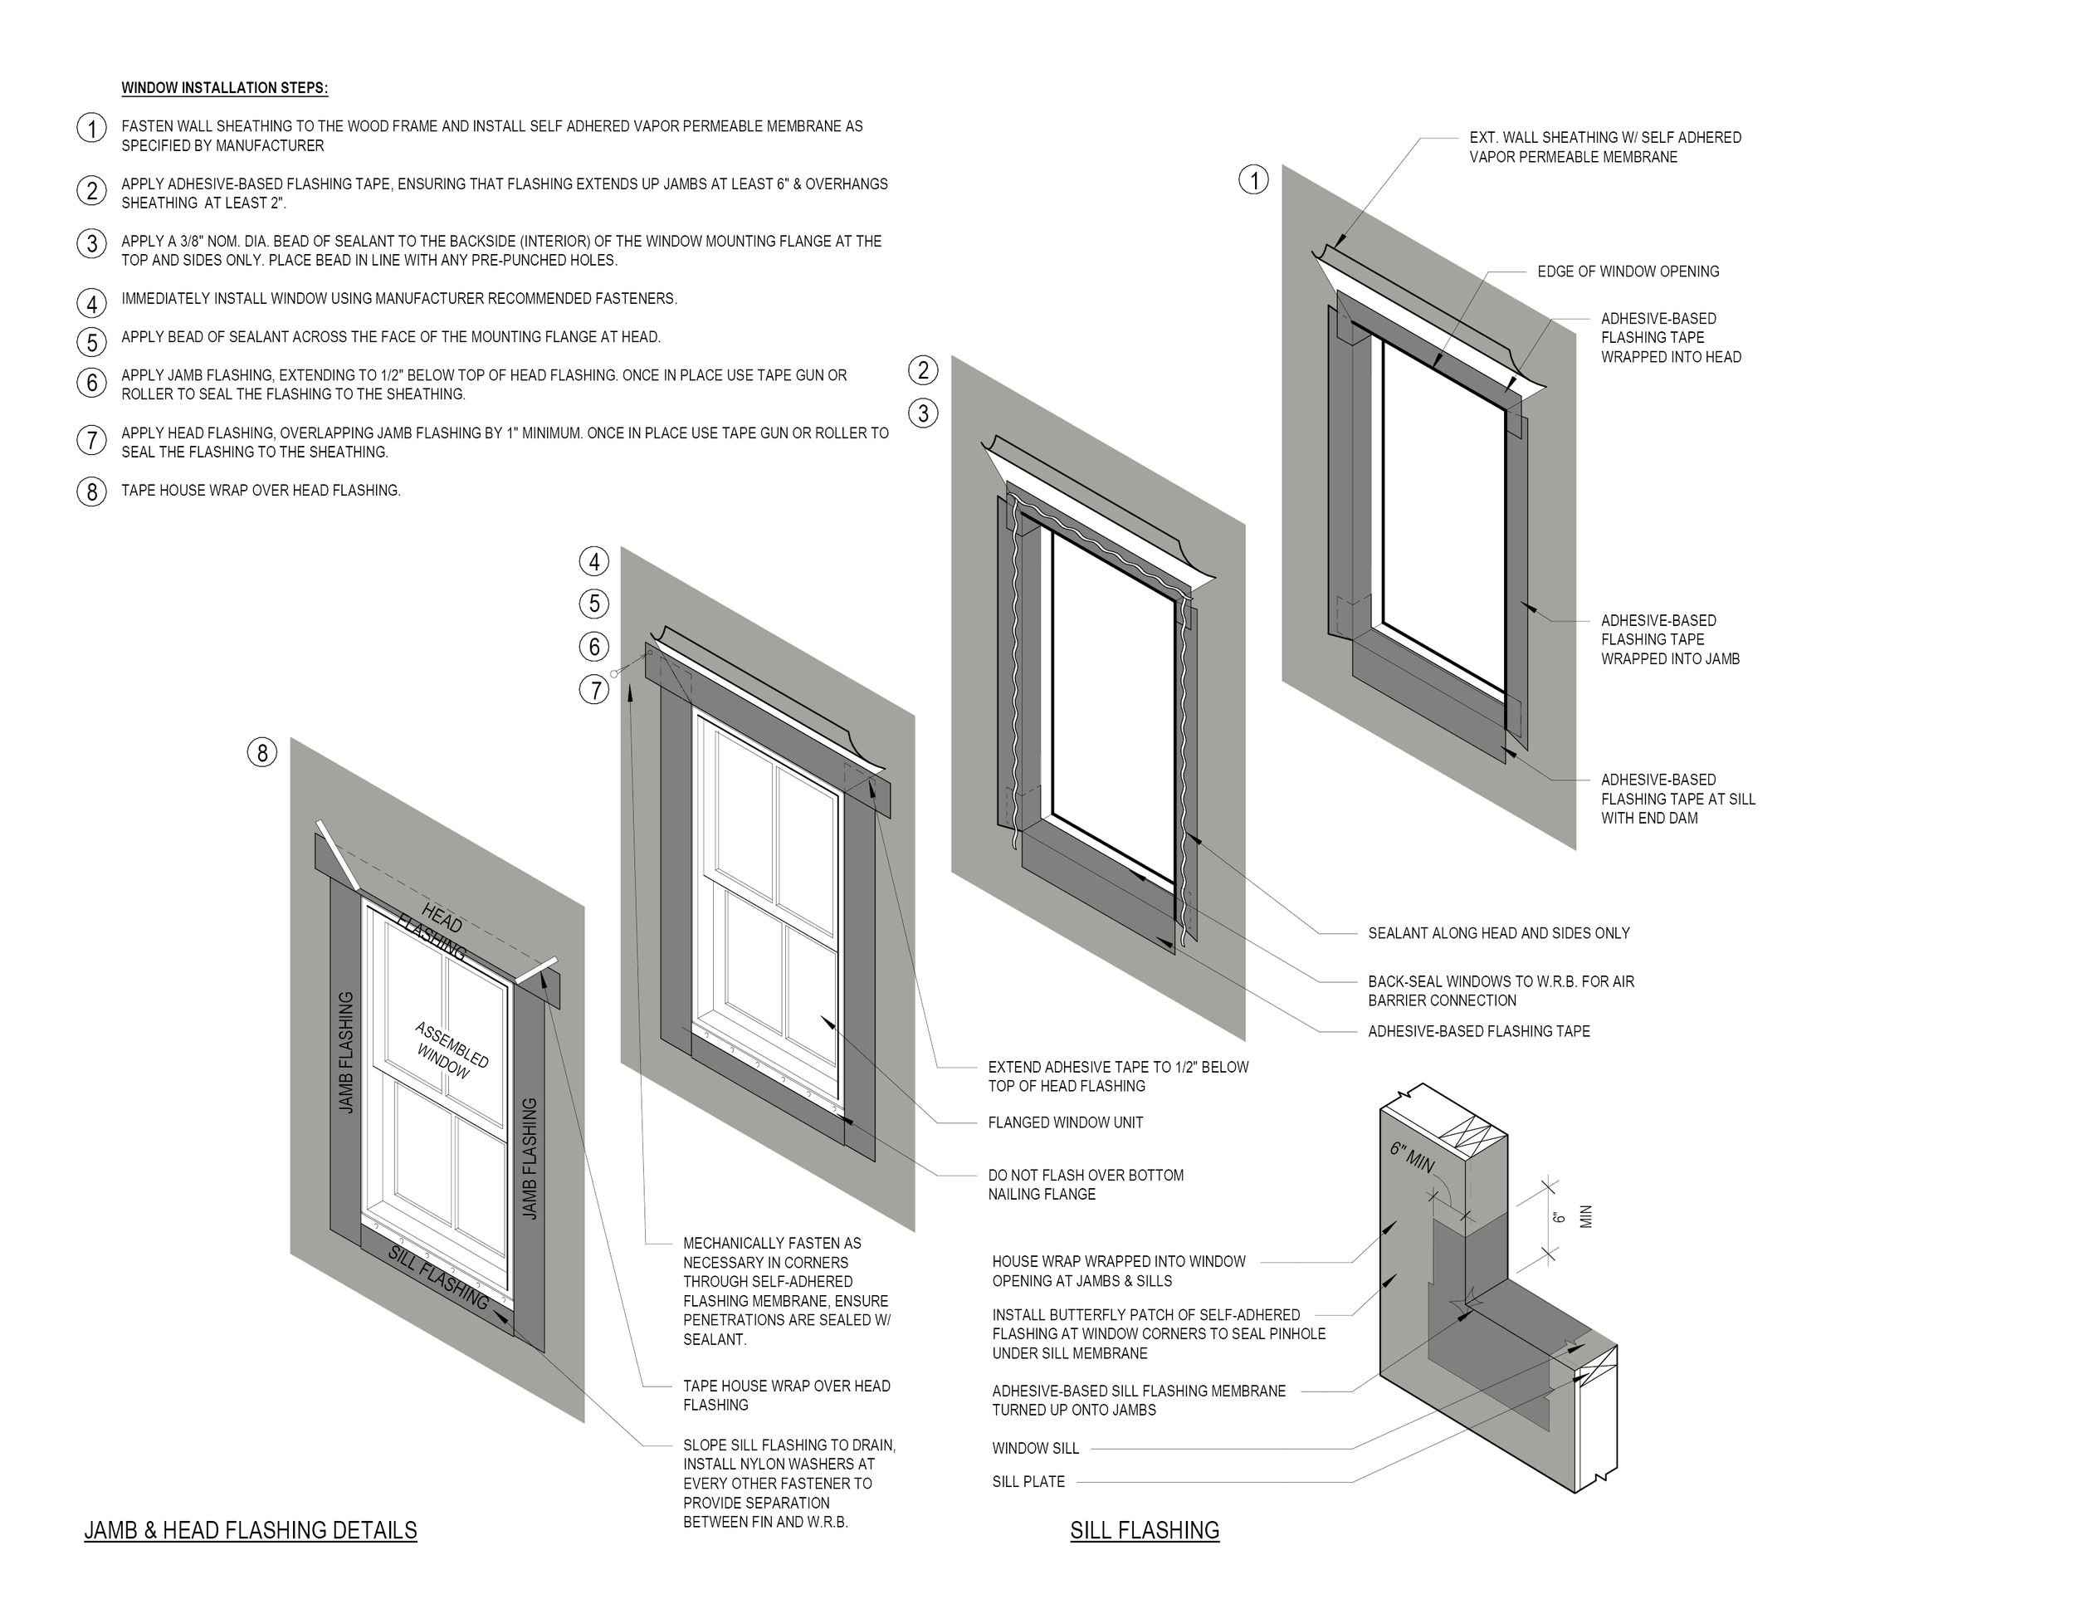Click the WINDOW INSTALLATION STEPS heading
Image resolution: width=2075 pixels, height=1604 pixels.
point(224,88)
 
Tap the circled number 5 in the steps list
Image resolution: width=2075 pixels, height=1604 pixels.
point(91,342)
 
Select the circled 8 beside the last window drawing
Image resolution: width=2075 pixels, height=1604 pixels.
point(262,752)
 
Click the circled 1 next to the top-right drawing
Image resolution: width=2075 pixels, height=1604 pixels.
point(1253,180)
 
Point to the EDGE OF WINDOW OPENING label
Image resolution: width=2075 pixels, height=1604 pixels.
point(1628,271)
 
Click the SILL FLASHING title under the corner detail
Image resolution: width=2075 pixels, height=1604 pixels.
point(1144,1531)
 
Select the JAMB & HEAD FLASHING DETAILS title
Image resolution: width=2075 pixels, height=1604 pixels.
point(251,1531)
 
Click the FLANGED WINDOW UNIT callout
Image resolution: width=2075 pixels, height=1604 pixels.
point(1065,1122)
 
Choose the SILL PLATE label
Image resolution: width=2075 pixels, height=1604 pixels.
point(1028,1481)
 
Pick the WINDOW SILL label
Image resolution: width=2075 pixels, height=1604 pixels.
point(1036,1448)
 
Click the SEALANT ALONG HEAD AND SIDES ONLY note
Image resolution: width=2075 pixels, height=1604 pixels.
point(1498,933)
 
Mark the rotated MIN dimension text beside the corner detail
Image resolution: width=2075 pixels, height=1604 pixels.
point(1584,1217)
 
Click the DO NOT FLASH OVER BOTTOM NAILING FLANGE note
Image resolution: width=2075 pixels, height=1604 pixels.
point(1085,1185)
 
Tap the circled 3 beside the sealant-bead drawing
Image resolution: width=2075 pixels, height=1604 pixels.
point(922,413)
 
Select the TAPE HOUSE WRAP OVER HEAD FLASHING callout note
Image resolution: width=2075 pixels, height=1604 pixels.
point(786,1395)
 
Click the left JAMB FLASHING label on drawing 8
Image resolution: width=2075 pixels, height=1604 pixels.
point(346,1052)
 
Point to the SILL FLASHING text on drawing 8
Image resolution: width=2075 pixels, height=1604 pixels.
point(438,1276)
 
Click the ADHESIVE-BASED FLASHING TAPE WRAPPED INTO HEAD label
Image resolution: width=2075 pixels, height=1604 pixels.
point(1670,338)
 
